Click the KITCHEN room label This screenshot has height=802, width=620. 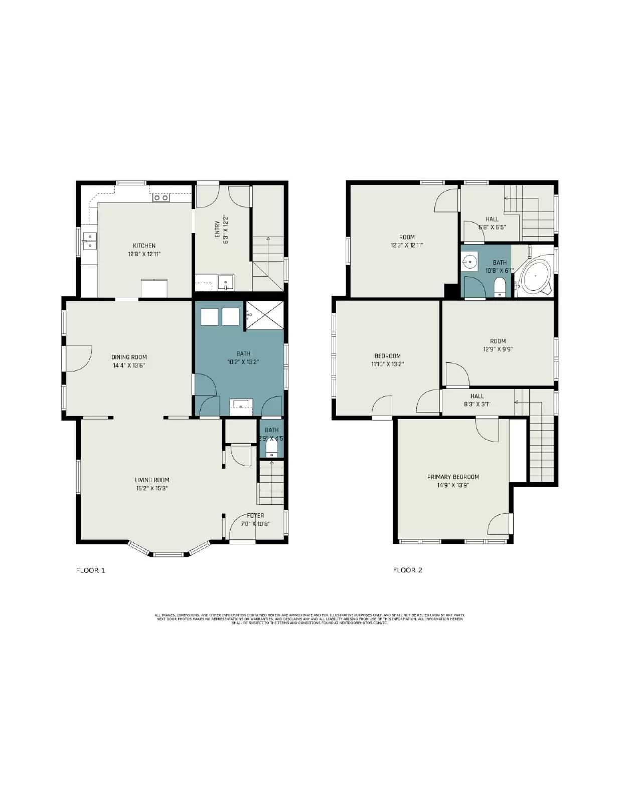tap(144, 246)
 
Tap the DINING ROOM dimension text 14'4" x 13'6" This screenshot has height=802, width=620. tap(129, 365)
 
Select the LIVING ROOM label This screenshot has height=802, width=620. tap(152, 480)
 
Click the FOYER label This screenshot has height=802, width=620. tap(255, 515)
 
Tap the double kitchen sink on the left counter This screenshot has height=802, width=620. tap(90, 241)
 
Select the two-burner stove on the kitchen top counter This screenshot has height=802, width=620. tap(161, 198)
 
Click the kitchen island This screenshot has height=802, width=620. tap(155, 288)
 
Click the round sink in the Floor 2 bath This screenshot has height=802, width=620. tap(470, 262)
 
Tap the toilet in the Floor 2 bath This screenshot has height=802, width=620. tap(500, 288)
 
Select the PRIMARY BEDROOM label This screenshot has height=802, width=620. tap(453, 477)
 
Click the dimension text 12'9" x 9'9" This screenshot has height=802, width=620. tap(498, 349)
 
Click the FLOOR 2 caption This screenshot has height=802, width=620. tap(407, 570)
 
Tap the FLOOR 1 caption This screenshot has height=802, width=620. tap(90, 570)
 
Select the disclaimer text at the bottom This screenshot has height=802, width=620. tap(309, 618)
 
